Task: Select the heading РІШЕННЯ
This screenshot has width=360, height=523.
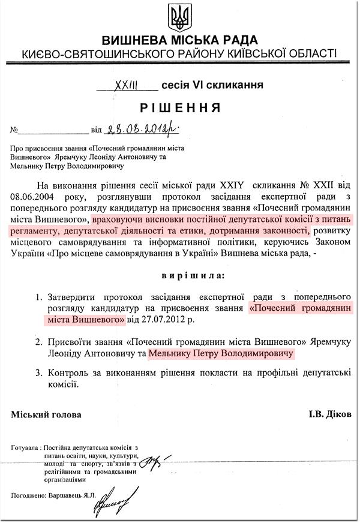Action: [180, 108]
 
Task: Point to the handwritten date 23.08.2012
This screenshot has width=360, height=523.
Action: [142, 128]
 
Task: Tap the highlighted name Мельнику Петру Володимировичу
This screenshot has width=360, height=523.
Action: [222, 354]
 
